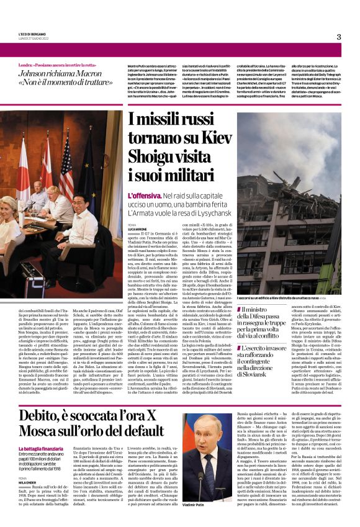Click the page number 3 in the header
tap(338, 37)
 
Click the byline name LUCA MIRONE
tap(138, 228)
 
